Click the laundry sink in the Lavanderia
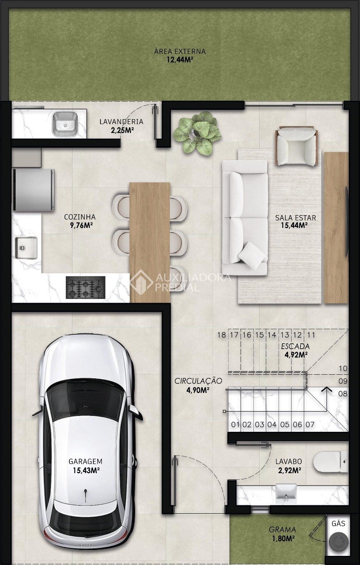pyautogui.click(x=65, y=124)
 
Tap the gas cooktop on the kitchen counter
pyautogui.click(x=86, y=287)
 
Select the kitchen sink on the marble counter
pyautogui.click(x=26, y=247)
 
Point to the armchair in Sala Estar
pyautogui.click(x=296, y=146)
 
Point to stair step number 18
pyautogui.click(x=222, y=335)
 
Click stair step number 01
pyautogui.click(x=235, y=425)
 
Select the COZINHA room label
pyautogui.click(x=80, y=217)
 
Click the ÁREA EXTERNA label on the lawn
pyautogui.click(x=180, y=51)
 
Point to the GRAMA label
pyautogui.click(x=282, y=529)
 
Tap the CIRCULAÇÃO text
pyautogui.click(x=198, y=381)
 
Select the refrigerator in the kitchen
pyautogui.click(x=33, y=190)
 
